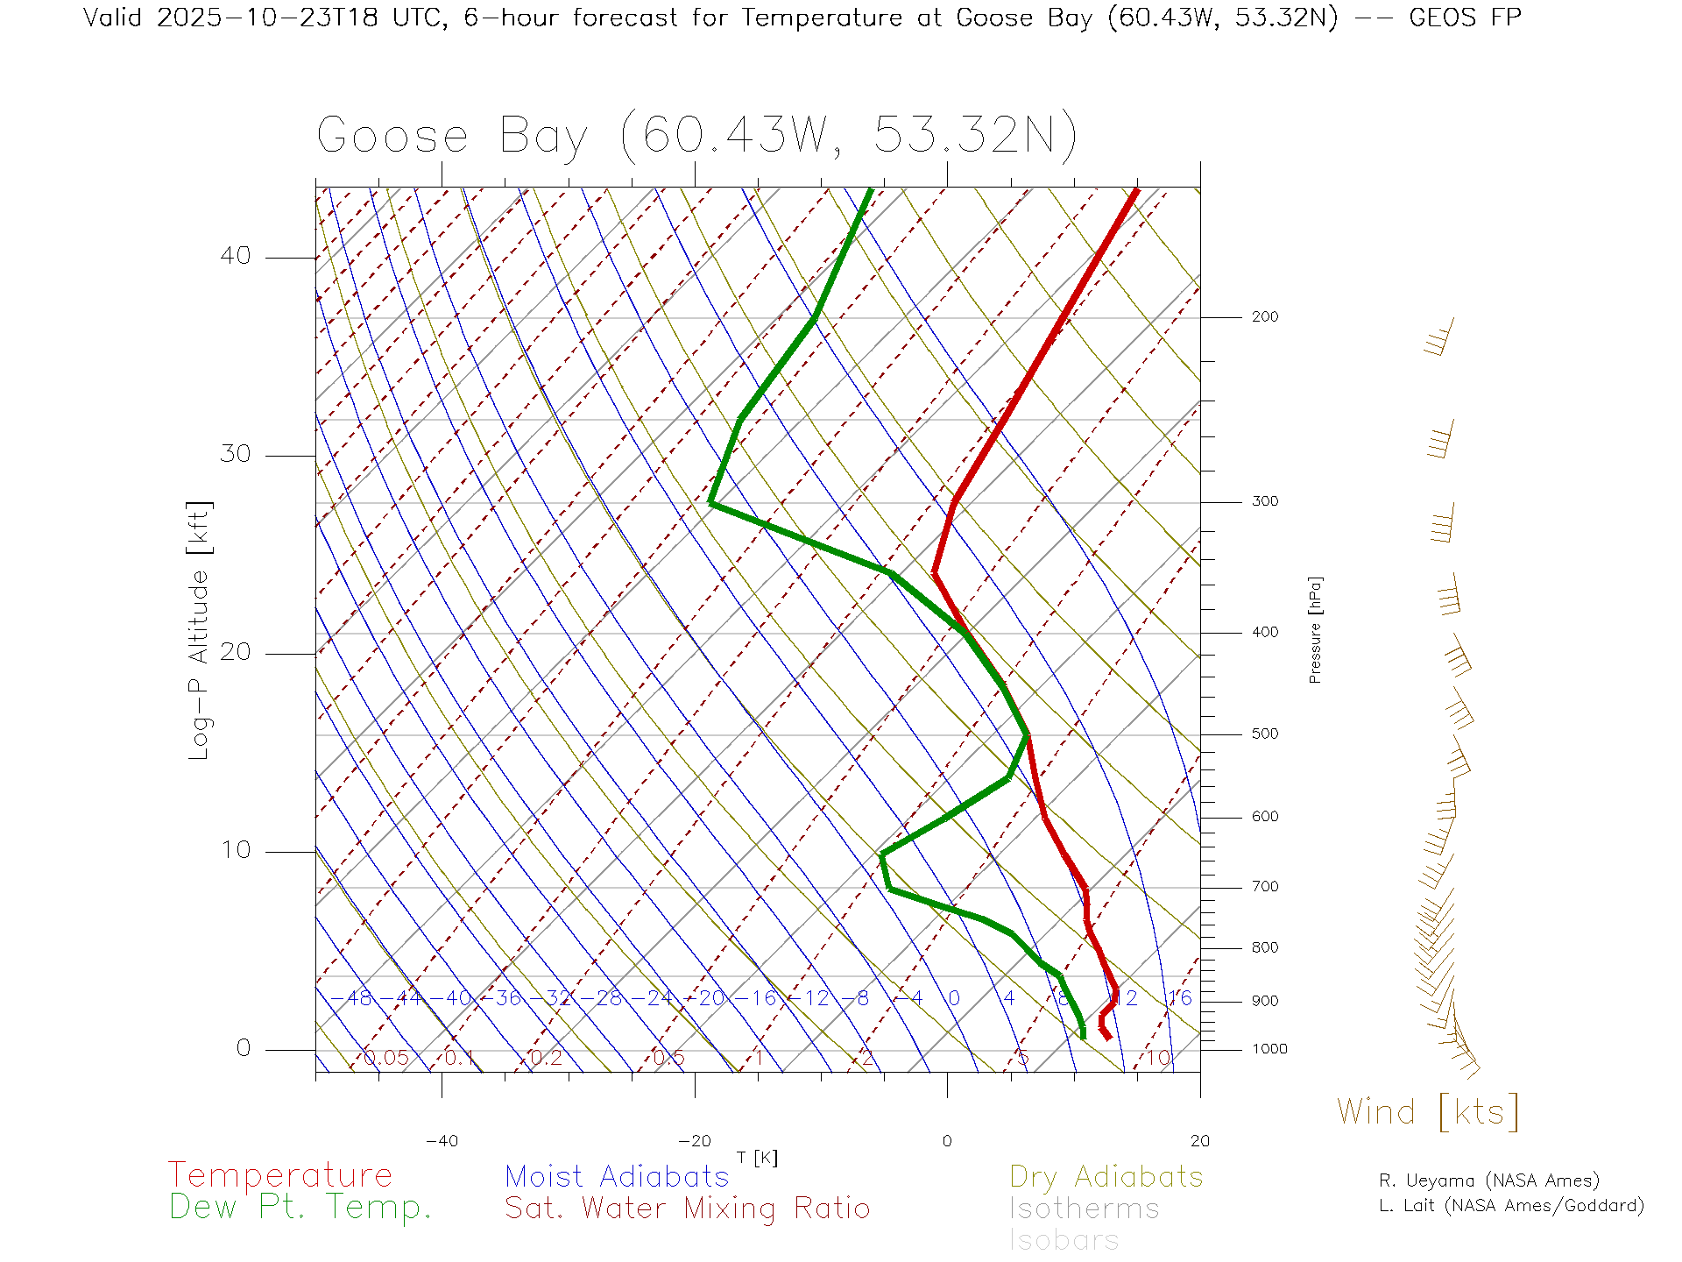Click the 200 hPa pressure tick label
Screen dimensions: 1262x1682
1265,317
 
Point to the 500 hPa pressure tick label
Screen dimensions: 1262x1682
1265,734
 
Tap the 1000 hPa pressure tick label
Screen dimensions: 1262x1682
1269,1050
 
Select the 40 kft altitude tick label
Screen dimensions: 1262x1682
235,256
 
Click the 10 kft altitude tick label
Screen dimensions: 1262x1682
235,850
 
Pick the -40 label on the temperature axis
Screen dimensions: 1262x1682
442,1141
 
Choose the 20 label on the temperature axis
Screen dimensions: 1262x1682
1199,1141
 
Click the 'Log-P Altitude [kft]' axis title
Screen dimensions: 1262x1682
200,631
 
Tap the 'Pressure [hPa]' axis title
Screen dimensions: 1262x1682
1315,630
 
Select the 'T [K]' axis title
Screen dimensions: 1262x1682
757,1159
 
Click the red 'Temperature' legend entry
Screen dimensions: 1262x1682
280,1175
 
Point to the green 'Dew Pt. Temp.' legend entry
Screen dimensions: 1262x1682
300,1208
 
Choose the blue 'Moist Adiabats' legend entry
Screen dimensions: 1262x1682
617,1176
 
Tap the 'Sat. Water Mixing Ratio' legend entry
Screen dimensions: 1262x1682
688,1209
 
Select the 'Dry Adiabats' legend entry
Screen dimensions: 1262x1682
1106,1176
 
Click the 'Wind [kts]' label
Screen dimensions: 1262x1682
1428,1112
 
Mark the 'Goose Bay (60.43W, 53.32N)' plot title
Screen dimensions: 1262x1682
696,136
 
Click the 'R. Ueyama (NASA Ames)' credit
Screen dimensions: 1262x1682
1489,1180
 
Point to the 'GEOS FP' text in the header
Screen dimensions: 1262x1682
1465,18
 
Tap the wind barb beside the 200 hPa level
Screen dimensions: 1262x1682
1439,338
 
